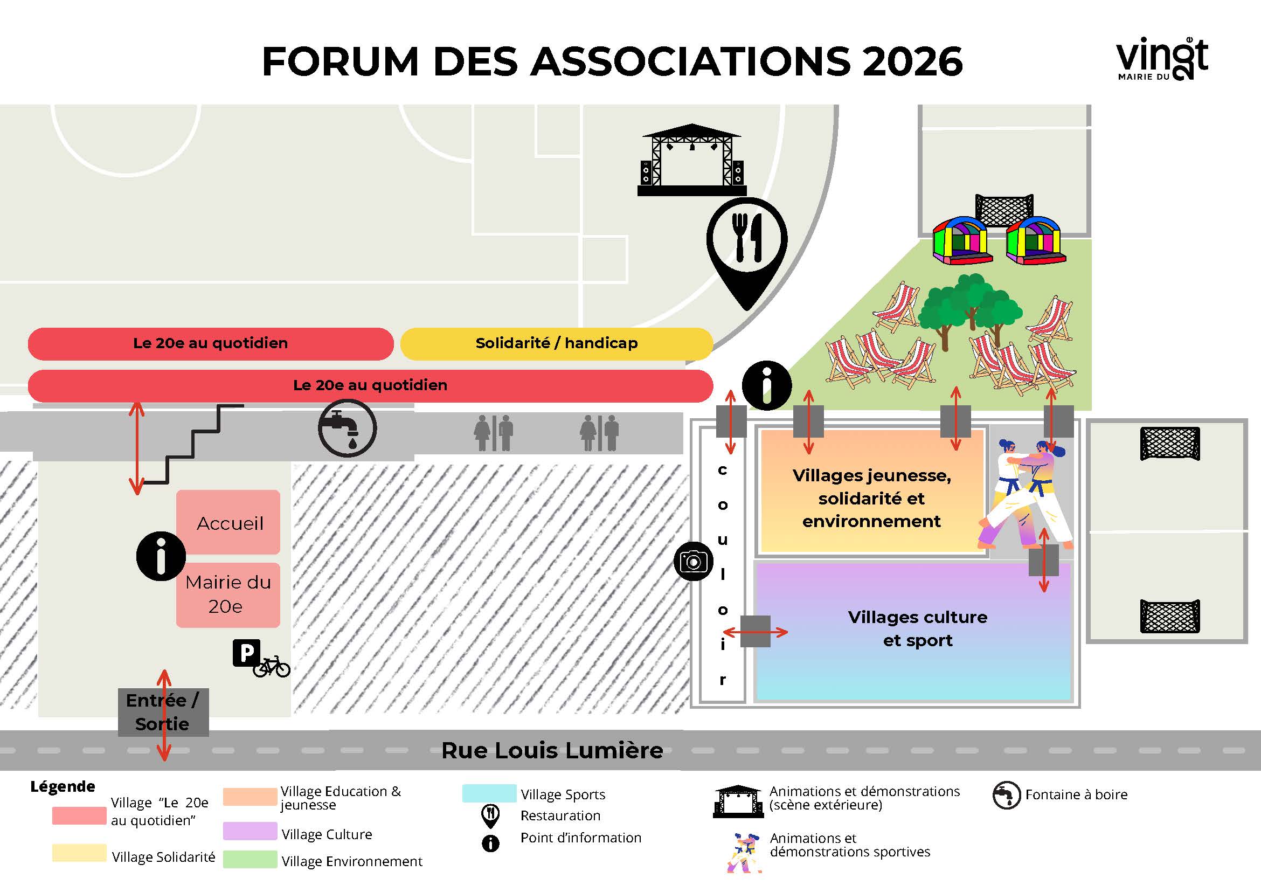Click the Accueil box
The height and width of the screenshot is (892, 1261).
pos(228,522)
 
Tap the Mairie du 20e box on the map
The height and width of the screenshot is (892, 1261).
pos(228,595)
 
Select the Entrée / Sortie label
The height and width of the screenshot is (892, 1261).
pos(163,713)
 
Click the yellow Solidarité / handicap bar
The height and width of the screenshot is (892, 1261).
pos(556,344)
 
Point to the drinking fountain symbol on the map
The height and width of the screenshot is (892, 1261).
pos(347,428)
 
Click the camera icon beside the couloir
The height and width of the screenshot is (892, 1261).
pos(694,561)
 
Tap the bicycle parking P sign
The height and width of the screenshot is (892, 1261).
pos(247,653)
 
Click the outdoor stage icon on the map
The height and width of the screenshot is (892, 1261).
pos(692,160)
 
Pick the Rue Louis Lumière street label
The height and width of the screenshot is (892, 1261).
pos(552,750)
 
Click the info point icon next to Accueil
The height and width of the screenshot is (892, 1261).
pos(161,556)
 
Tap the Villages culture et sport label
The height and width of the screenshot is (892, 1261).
pos(917,628)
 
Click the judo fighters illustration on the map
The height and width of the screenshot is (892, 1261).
pos(1025,494)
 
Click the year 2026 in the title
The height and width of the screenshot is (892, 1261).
pos(912,61)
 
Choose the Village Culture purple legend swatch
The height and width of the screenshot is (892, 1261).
pos(250,831)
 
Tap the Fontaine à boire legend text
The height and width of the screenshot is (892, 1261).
pos(1076,795)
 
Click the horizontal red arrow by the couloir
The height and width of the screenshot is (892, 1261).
pos(755,632)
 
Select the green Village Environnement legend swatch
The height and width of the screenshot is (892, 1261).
pos(250,859)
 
